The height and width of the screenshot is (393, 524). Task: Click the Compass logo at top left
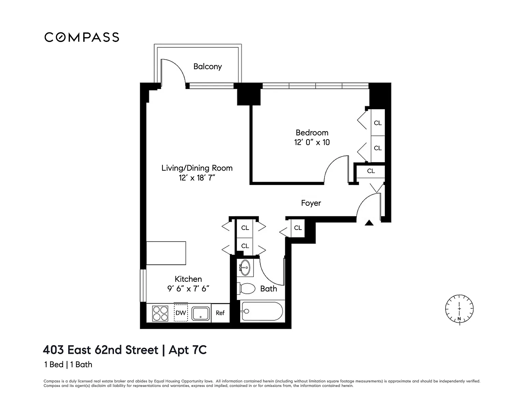(82, 37)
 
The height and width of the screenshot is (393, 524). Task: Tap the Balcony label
(207, 66)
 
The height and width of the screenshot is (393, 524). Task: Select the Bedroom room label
(312, 132)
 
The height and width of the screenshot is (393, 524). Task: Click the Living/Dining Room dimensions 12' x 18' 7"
(197, 178)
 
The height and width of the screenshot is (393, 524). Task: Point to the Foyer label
(311, 203)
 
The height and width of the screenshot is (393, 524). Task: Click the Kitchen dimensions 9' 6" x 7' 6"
(188, 289)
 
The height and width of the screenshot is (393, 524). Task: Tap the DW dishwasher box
(181, 312)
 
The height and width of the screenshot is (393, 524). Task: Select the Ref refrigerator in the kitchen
(220, 313)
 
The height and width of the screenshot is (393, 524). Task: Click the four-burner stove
(160, 314)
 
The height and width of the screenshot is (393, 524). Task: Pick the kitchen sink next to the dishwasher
(201, 313)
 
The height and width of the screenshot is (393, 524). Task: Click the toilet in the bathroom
(246, 289)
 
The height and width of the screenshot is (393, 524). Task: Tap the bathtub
(262, 311)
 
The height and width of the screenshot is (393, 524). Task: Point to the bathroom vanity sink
(245, 267)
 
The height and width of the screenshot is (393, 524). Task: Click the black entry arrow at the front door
(369, 223)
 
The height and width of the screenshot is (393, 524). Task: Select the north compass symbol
(459, 309)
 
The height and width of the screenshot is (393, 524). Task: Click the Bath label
(268, 289)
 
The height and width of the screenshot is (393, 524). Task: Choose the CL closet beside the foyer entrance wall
(298, 228)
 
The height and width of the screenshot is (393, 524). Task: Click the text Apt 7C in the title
(188, 350)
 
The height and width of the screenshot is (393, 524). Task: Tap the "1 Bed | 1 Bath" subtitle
(68, 365)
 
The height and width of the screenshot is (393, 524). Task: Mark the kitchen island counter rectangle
(166, 253)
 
